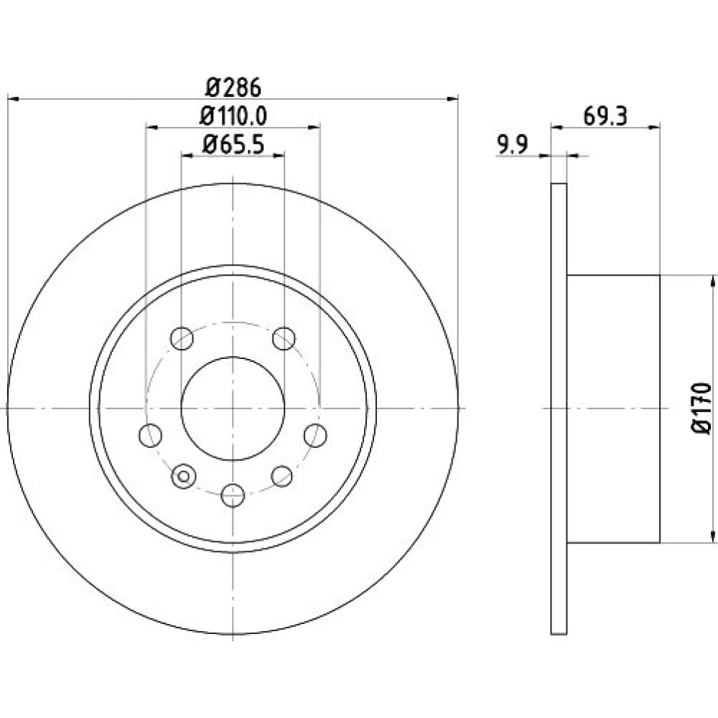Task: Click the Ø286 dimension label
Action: tap(233, 87)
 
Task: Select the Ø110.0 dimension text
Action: tap(233, 116)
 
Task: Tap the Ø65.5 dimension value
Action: tap(233, 145)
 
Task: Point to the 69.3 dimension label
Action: tap(605, 116)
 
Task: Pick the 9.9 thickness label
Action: tap(513, 145)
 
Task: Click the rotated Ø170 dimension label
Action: tap(701, 409)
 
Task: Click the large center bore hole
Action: tap(233, 409)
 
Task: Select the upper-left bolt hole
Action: tap(182, 338)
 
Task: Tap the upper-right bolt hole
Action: tap(284, 338)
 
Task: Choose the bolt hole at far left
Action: tap(150, 435)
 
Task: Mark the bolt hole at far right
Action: tap(315, 435)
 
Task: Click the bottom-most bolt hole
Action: tap(233, 495)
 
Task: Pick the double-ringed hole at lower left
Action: tap(184, 476)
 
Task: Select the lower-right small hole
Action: tap(282, 476)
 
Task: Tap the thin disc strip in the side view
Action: tap(559, 409)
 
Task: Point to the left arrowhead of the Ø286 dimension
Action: tap(13, 99)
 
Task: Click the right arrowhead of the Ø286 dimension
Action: tap(452, 99)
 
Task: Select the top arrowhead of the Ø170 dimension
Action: tap(712, 281)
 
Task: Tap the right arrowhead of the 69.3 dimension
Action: tap(654, 127)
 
